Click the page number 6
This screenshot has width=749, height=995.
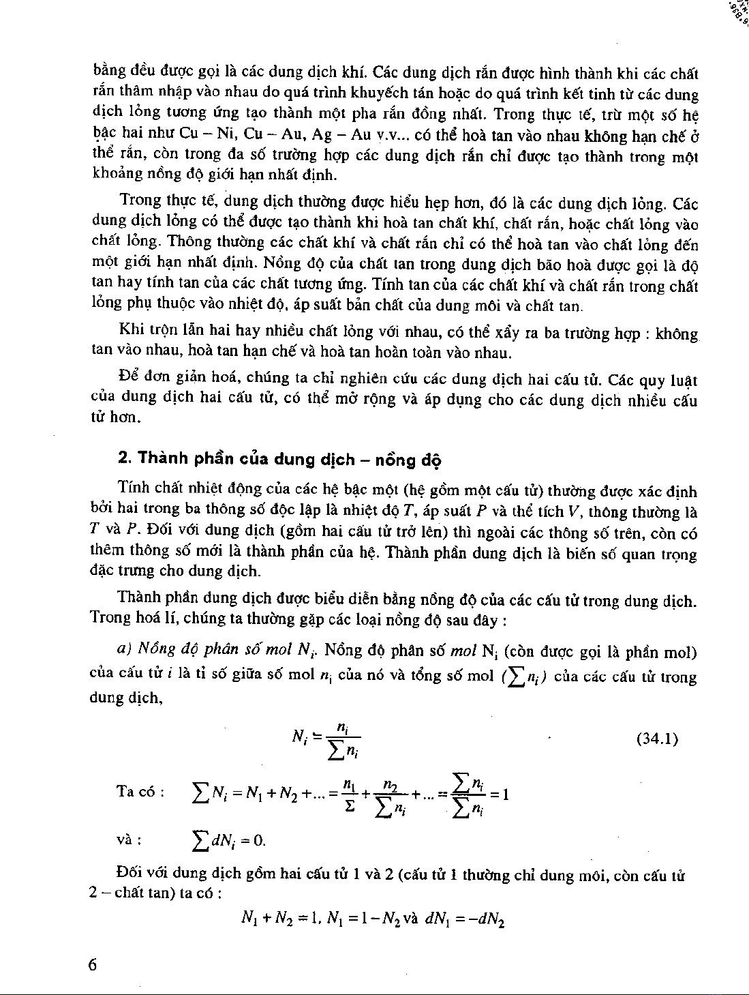pos(93,966)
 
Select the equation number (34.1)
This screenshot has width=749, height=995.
pos(657,739)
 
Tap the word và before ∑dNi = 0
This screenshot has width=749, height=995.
pos(129,840)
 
